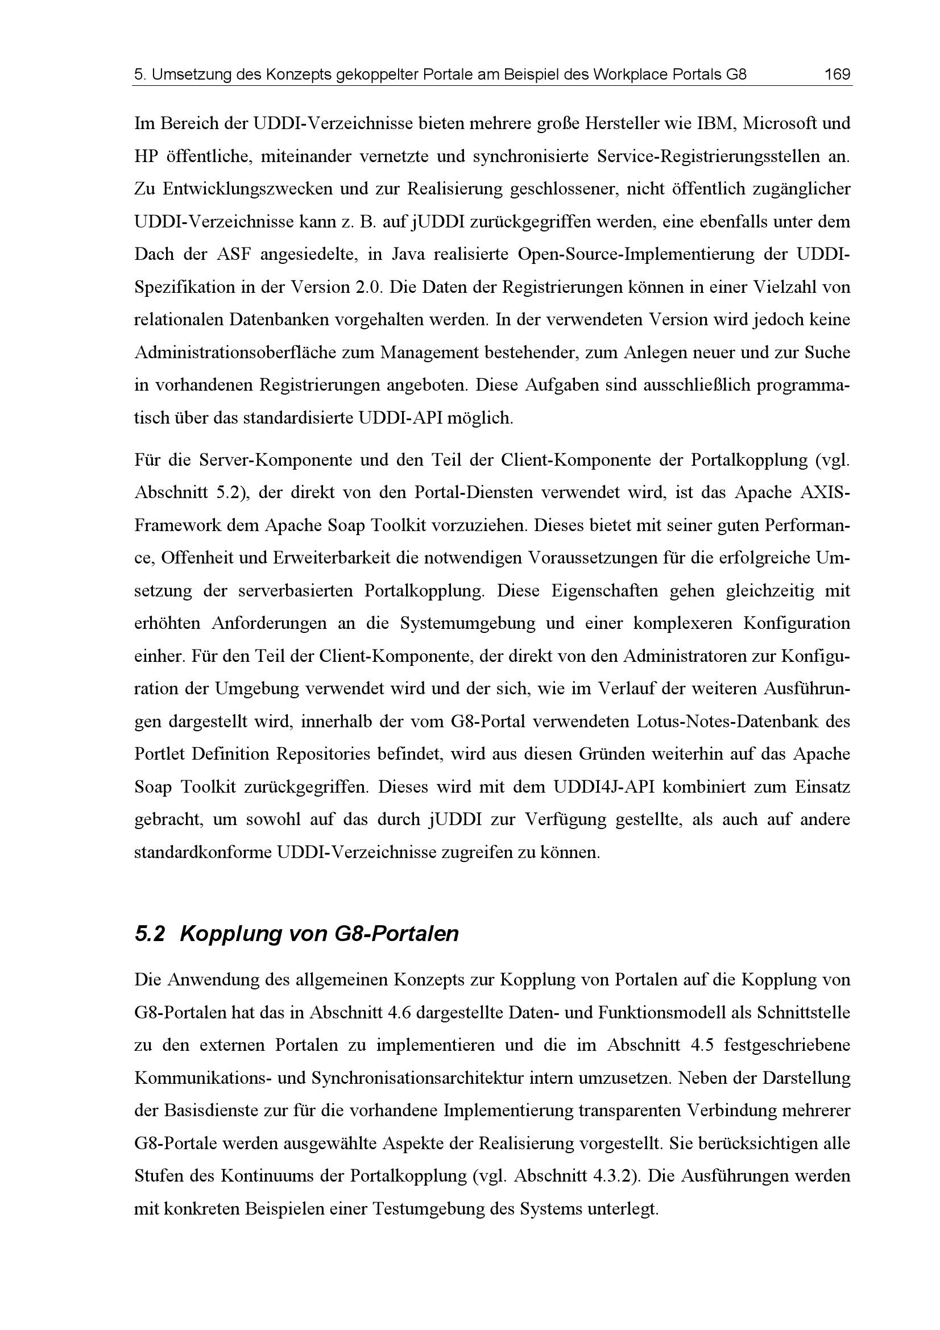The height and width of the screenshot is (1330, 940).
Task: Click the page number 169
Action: coord(837,74)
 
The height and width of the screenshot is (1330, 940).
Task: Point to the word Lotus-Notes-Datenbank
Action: coord(727,722)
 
